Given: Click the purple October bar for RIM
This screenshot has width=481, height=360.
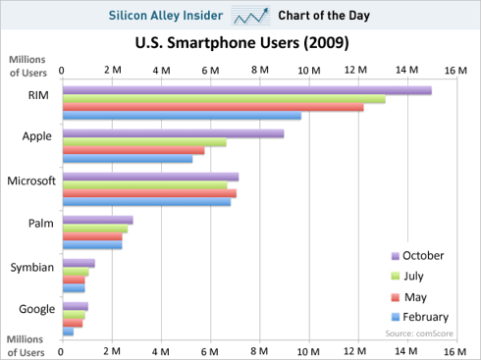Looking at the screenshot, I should pos(245,90).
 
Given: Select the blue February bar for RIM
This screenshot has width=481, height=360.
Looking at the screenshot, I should pos(181,116).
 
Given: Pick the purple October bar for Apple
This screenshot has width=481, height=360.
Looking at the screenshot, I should pos(173,133).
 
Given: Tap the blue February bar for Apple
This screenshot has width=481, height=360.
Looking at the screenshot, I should pos(127,159).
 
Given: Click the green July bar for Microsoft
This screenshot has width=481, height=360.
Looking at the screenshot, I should pos(144,185).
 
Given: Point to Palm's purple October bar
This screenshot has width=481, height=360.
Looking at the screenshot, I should pos(97,220).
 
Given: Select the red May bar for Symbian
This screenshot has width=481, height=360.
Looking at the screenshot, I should pos(74,281).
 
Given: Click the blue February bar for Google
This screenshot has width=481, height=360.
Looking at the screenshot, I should pos(68,332).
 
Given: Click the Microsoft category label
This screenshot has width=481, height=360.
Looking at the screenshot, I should pos(30,181).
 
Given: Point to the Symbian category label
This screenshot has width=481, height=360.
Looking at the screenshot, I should pos(30,267).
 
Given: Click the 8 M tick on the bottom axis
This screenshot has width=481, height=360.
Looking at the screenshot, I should pos(259,350).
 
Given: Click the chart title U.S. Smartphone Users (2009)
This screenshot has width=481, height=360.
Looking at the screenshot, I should pos(240,44).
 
